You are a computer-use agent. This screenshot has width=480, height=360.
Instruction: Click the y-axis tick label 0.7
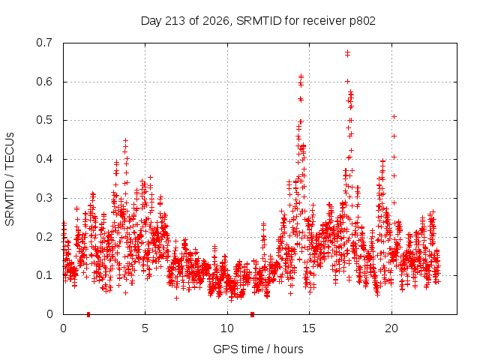coord(44,43)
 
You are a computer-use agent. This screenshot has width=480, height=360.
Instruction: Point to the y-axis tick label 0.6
coord(44,82)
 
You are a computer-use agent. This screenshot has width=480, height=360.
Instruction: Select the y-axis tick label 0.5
coord(44,120)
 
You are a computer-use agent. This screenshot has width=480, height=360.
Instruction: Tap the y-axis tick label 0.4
coord(44,159)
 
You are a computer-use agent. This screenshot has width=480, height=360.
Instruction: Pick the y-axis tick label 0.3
coord(44,198)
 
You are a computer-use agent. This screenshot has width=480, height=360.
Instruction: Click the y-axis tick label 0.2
coord(44,237)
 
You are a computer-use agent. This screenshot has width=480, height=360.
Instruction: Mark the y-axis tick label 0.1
coord(44,275)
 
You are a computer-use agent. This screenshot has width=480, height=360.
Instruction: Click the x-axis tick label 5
coord(145,328)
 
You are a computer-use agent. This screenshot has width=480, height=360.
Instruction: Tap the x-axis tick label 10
coord(227,328)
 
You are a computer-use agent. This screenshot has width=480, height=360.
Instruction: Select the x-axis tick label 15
coord(309,328)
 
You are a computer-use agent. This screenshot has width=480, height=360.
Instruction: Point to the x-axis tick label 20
coord(391,328)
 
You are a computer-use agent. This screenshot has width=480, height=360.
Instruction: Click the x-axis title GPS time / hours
coord(258,349)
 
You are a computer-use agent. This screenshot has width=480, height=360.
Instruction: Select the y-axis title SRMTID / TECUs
coord(10,179)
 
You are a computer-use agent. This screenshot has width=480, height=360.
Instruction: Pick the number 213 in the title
coord(175,21)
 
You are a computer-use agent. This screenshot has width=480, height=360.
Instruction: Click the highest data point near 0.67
coord(347,52)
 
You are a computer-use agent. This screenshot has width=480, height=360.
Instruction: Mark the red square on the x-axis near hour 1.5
coord(88,314)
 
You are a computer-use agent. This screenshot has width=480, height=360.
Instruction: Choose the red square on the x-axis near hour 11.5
coord(252,314)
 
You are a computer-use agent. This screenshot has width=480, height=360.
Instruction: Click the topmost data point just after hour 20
coord(394,117)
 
